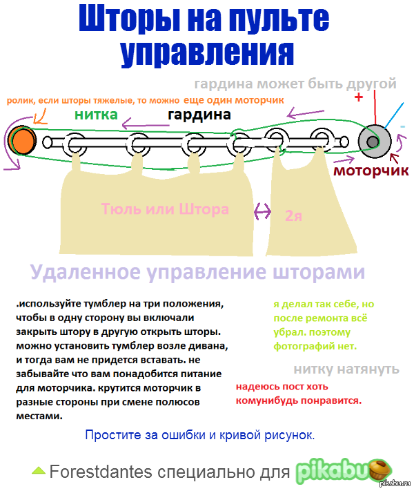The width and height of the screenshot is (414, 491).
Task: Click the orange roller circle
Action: tap(21, 141)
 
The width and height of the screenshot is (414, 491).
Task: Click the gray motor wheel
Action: tap(374, 142)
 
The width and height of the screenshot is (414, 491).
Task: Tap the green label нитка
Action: tap(96, 115)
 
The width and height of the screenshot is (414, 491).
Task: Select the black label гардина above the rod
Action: tap(199, 115)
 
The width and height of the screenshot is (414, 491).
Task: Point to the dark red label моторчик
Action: tap(371, 171)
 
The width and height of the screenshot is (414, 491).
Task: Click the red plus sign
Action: tap(359, 97)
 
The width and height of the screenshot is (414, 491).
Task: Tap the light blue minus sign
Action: tap(402, 126)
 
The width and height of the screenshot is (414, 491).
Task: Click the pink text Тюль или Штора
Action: tap(165, 209)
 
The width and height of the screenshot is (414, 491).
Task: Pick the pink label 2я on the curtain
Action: tap(293, 216)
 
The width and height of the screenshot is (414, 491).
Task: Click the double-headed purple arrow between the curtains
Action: tap(262, 212)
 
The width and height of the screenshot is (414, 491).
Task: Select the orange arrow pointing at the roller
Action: tap(40, 117)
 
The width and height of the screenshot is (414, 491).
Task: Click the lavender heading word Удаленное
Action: tap(85, 272)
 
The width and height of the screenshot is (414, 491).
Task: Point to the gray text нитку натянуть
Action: tap(346, 369)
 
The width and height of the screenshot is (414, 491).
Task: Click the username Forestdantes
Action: tap(101, 472)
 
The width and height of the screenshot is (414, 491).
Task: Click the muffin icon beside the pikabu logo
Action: tap(380, 470)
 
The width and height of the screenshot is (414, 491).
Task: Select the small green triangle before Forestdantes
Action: tap(39, 471)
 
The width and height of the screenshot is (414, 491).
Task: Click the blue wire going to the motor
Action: tap(394, 115)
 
